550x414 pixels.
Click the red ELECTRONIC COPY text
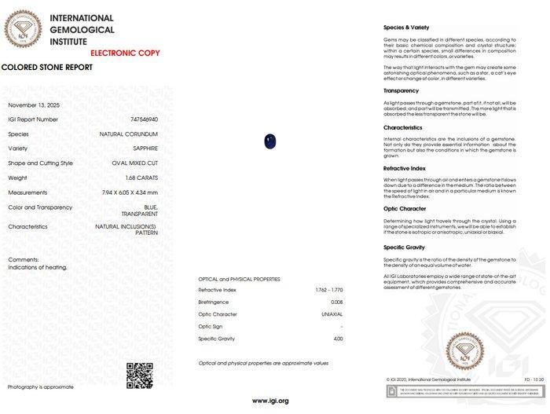click(125, 53)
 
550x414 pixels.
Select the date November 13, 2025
click(34, 105)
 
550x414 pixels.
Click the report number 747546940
click(144, 119)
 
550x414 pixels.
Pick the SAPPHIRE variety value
click(145, 148)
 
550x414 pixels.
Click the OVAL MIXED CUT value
click(134, 163)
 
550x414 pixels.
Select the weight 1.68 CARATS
click(142, 178)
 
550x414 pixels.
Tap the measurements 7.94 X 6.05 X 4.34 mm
click(130, 192)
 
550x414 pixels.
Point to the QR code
click(139, 376)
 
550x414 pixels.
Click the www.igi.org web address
click(270, 401)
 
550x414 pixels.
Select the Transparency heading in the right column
click(401, 91)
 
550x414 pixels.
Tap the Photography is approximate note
click(41, 387)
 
